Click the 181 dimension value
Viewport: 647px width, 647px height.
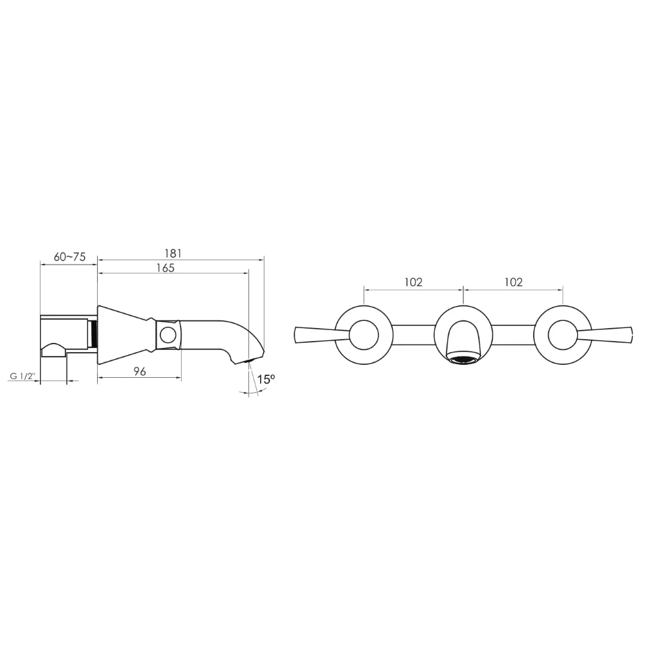(173, 253)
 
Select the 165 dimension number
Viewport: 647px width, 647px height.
(166, 268)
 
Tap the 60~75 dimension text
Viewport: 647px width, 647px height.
(70, 257)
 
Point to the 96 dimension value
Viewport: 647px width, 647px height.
(140, 371)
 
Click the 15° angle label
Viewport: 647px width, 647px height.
(266, 379)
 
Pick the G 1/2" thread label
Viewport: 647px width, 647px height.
(23, 377)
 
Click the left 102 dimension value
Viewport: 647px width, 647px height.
(413, 282)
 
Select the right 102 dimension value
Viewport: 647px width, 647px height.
(514, 282)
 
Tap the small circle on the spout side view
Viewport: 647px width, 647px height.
(168, 334)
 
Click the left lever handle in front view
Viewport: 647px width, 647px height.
(322, 334)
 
